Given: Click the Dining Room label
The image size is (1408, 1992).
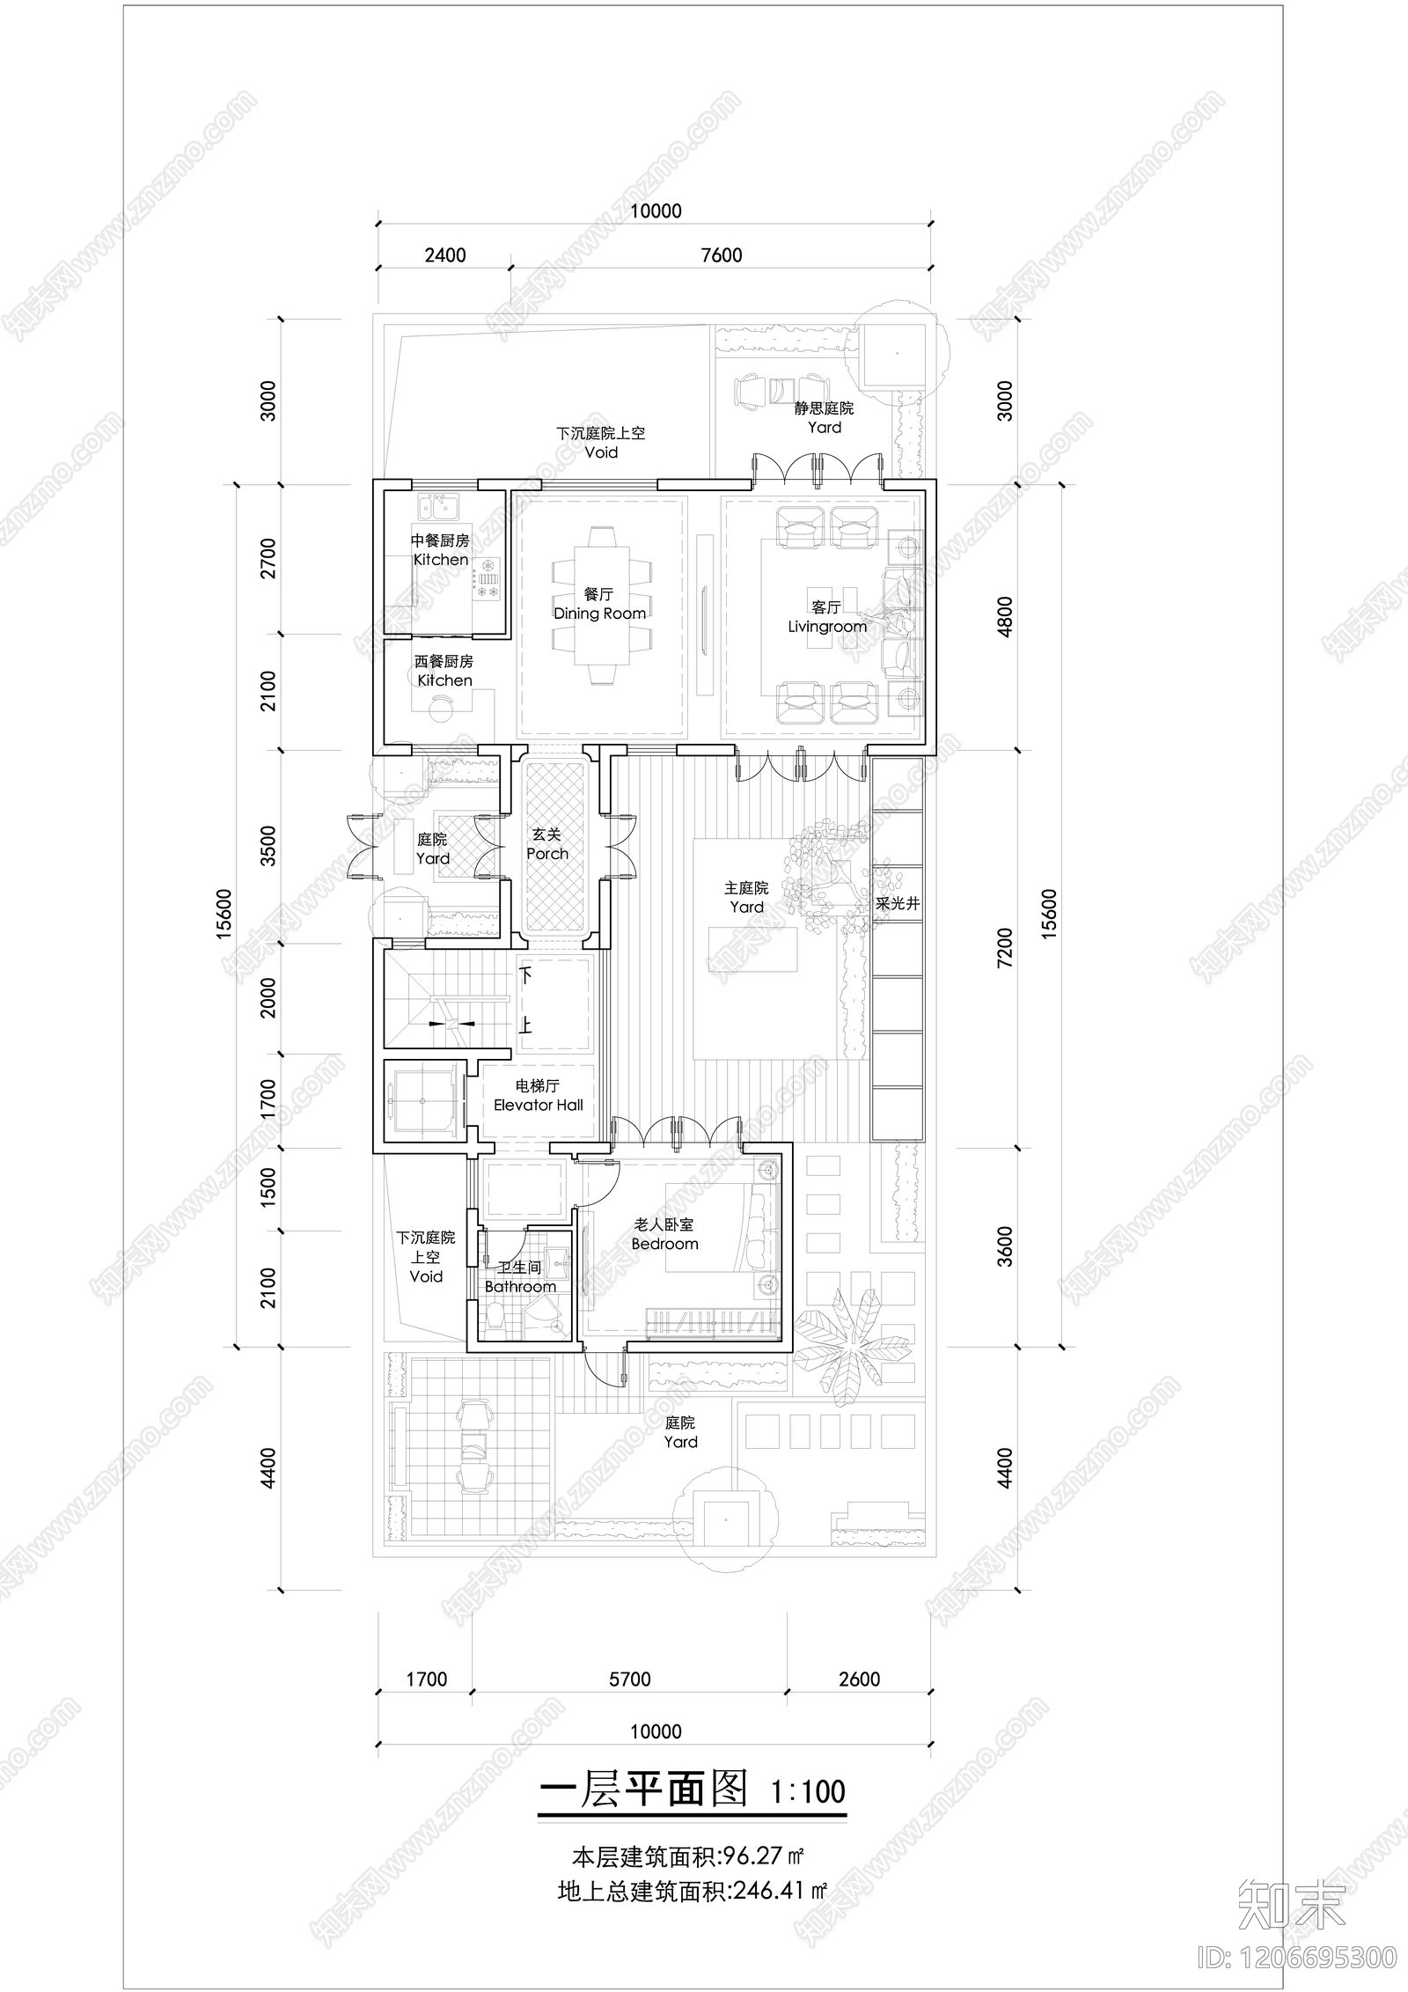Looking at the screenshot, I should (599, 614).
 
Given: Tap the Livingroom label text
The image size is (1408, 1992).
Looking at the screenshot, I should (826, 627).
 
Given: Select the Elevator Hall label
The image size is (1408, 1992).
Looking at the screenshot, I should (538, 1105).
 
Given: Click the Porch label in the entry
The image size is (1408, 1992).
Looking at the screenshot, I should (547, 853).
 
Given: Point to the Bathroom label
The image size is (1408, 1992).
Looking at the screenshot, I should (520, 1286).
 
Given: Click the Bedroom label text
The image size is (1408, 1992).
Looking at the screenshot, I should (664, 1244).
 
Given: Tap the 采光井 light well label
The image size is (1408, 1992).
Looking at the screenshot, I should (898, 904).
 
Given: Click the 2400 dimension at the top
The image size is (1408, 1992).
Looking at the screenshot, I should (445, 255).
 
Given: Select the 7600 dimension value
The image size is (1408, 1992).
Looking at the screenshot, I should (721, 255).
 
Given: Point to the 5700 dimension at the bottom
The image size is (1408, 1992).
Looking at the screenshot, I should (630, 1679).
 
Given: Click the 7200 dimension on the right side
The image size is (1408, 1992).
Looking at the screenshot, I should (1005, 948).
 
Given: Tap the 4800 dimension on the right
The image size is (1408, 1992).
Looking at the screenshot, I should (1005, 616).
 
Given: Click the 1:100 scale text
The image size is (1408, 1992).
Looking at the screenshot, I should (807, 1791).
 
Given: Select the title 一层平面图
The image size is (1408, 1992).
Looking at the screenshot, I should (642, 1790).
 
